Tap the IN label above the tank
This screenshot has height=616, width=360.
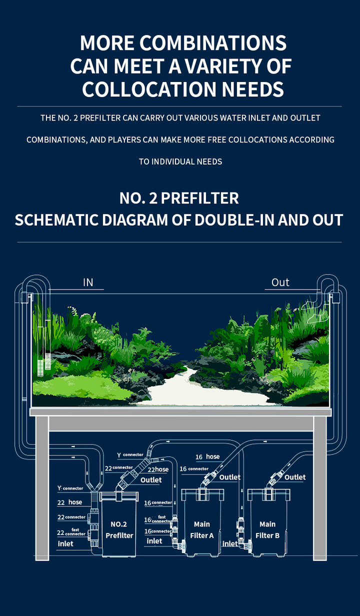tap(88, 282)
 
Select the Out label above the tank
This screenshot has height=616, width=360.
tap(280, 282)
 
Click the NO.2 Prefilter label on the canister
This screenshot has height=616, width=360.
tap(119, 529)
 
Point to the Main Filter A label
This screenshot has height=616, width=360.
tap(202, 529)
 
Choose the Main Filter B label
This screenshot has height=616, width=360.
tap(267, 529)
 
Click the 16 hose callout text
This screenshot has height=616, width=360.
tap(207, 457)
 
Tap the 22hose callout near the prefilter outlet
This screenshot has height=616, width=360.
tap(158, 469)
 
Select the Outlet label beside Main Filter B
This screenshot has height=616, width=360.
tap(295, 477)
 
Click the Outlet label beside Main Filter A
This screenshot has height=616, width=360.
tap(229, 477)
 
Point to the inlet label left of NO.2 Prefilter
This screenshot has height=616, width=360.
tap(65, 543)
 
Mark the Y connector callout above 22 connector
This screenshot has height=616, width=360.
tap(130, 455)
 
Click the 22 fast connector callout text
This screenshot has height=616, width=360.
tap(71, 532)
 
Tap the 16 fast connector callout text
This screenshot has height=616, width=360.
tap(157, 519)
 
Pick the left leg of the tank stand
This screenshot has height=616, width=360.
tap(42, 488)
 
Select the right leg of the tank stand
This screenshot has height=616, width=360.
tap(320, 488)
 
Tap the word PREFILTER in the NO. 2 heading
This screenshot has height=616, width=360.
tap(199, 198)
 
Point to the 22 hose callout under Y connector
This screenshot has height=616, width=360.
tap(69, 502)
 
